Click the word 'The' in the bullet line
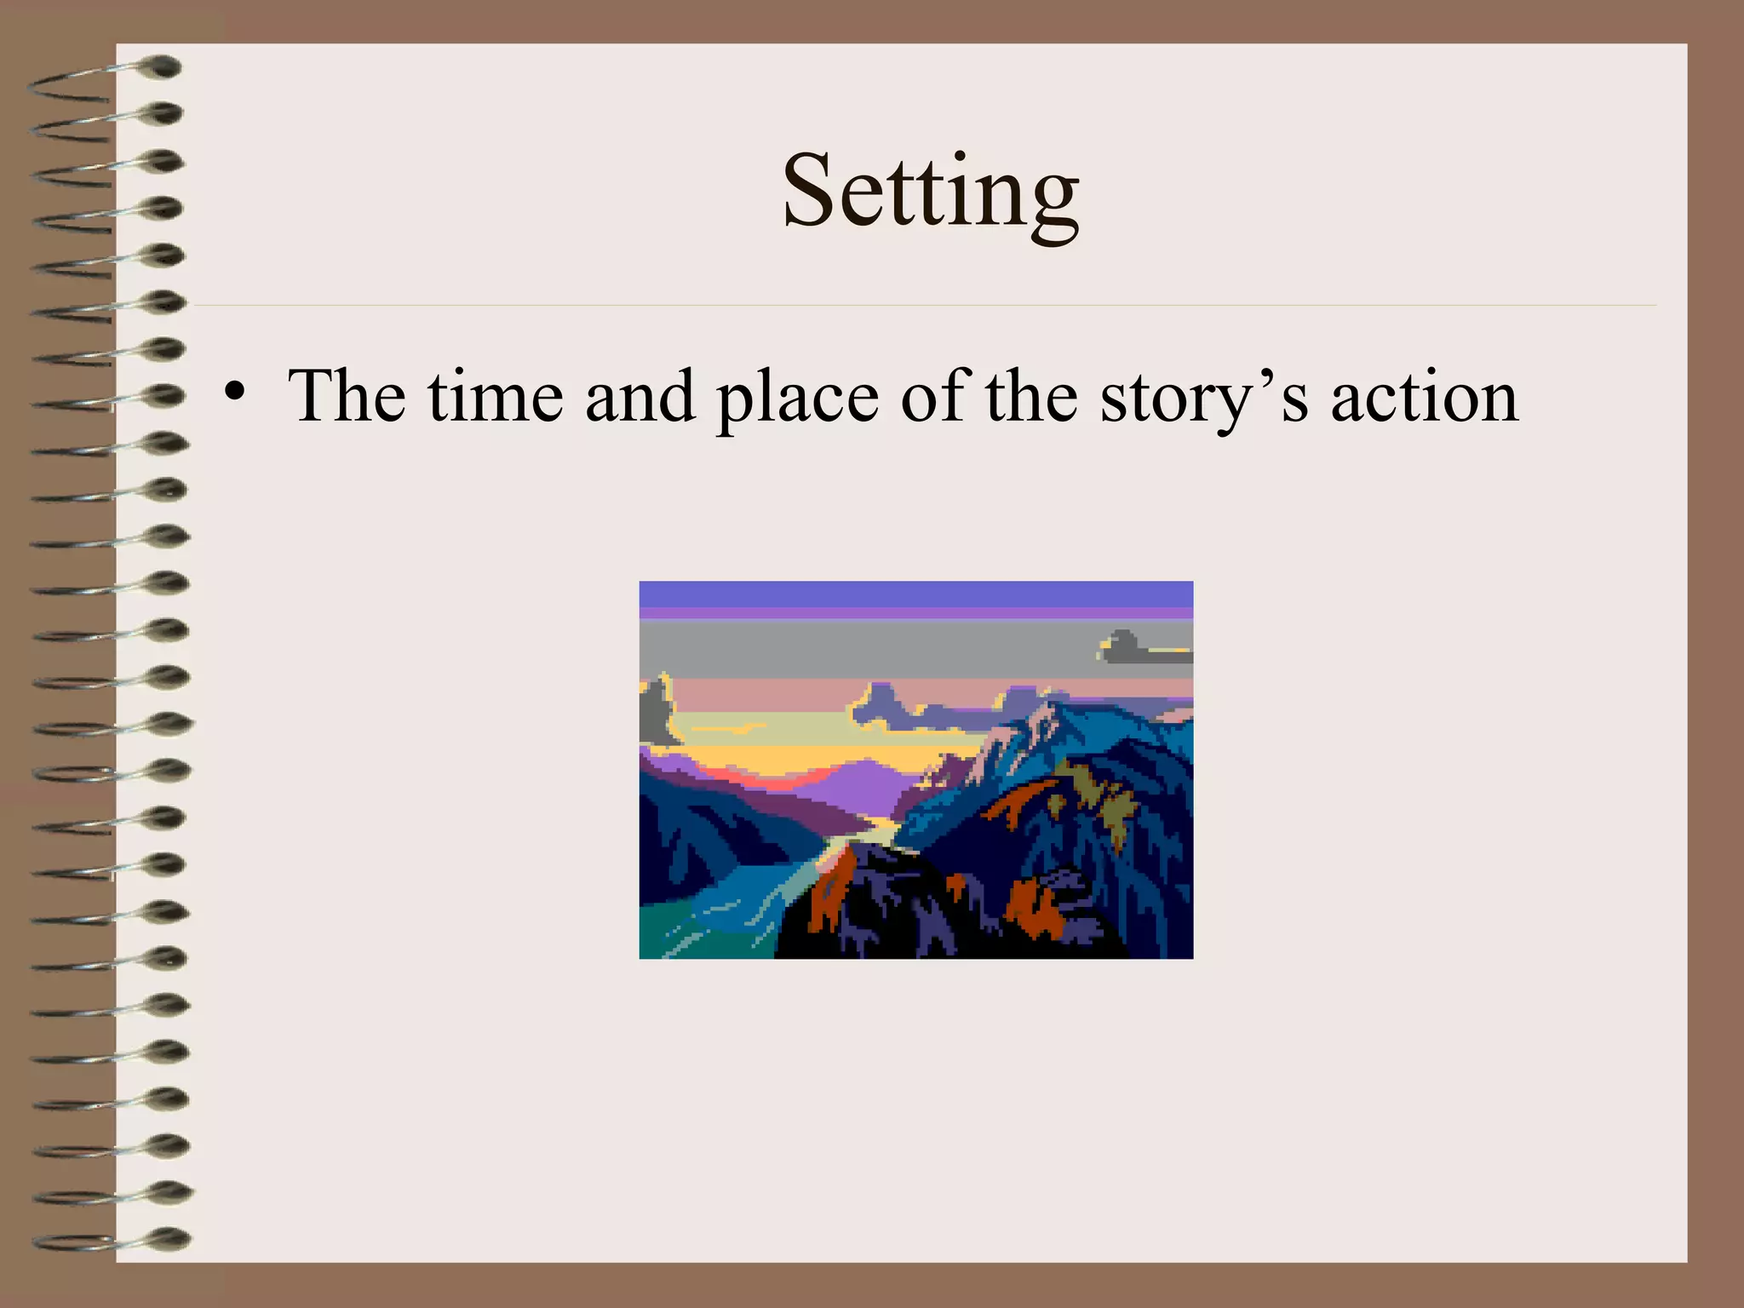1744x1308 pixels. point(346,396)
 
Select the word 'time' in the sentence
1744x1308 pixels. point(495,396)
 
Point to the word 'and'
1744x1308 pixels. point(640,396)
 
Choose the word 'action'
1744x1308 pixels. point(1424,397)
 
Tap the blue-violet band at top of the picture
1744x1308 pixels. point(915,594)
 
